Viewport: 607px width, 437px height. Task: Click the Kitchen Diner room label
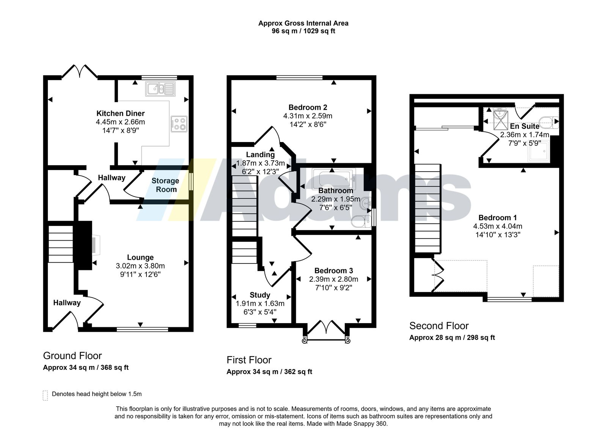[x=120, y=113]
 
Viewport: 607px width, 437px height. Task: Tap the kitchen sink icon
[x=160, y=88]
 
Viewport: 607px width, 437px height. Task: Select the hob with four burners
[x=179, y=124]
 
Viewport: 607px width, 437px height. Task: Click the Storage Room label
[x=165, y=185]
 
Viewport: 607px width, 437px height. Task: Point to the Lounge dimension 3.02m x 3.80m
[x=140, y=266]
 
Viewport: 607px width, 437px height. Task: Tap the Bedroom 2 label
[x=308, y=107]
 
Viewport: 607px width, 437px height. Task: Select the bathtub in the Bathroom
[x=334, y=178]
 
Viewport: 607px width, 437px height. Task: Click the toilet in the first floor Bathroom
[x=361, y=221]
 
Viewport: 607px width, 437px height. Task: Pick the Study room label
[x=260, y=295]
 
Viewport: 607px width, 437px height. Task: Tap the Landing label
[x=260, y=155]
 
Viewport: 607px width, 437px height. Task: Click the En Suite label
[x=524, y=126]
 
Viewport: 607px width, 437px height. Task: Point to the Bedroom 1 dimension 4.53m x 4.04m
[x=497, y=226]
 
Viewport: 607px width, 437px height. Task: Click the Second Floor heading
[x=439, y=326]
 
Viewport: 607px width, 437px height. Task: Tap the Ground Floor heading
[x=72, y=356]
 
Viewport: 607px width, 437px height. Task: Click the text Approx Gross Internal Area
[x=303, y=23]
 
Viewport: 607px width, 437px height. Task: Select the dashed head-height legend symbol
[x=45, y=396]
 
